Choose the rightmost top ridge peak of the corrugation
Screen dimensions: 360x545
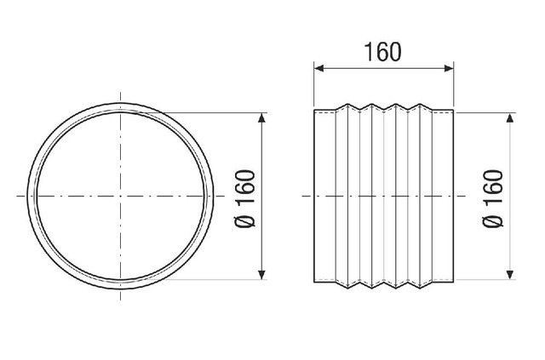tap(420, 105)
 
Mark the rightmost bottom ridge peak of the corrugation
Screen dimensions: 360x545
tap(420, 287)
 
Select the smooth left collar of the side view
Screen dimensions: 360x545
tap(326, 196)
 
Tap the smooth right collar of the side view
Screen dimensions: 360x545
tap(442, 196)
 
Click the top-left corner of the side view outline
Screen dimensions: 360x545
tap(314, 110)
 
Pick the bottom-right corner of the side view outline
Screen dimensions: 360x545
tap(452, 281)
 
